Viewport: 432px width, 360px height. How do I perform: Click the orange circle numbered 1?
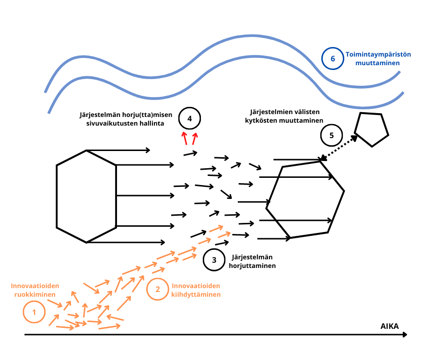(x=34, y=313)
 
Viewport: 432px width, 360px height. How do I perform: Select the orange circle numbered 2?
(x=157, y=289)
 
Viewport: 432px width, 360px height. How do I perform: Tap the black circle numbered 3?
(x=214, y=260)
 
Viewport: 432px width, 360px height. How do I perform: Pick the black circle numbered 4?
(x=189, y=118)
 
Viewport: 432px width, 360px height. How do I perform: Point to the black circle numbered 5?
(x=331, y=136)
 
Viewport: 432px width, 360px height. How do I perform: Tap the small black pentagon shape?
(x=371, y=129)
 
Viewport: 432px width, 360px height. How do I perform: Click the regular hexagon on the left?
(x=86, y=196)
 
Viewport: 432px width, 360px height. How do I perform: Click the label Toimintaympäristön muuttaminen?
(x=373, y=58)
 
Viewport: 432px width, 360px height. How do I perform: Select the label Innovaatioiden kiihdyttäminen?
(x=196, y=290)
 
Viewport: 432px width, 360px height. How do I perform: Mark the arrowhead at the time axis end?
(x=408, y=334)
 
